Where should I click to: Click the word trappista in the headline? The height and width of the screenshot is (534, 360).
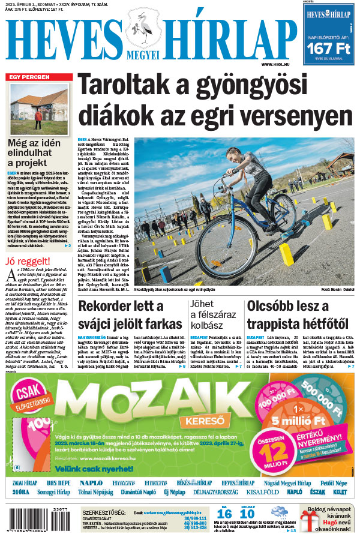click(x=277, y=325)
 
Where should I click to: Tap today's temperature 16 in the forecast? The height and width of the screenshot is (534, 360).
click(x=224, y=514)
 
